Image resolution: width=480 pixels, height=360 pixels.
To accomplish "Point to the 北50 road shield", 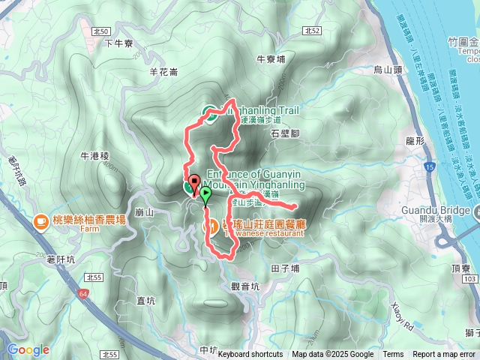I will (x=103, y=31).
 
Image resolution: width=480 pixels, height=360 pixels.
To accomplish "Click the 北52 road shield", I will (x=313, y=31).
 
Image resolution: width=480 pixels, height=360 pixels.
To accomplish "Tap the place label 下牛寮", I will (x=118, y=43).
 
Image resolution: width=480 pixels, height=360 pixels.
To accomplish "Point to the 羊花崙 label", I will (x=163, y=72).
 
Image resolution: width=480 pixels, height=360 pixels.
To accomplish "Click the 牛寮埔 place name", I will (x=271, y=58).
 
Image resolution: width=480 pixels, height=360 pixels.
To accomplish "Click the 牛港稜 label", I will (x=94, y=156).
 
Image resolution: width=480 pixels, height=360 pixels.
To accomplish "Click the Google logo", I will (x=28, y=350).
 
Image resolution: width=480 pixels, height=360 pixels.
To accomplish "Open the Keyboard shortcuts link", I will (x=250, y=355).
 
